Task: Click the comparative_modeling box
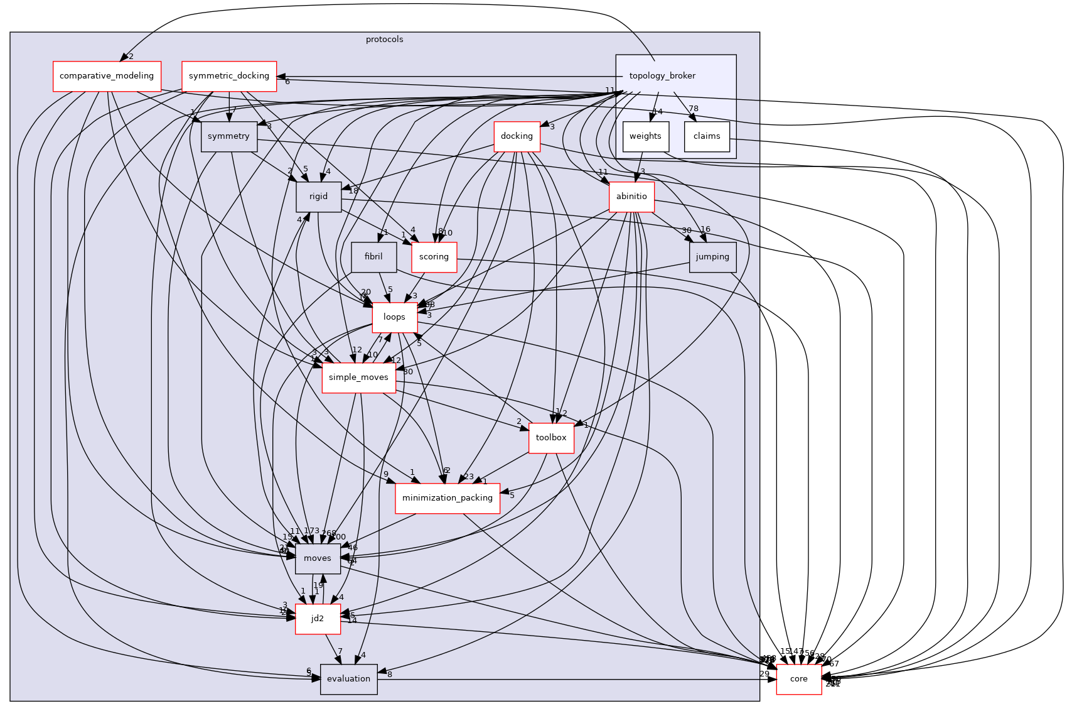[x=107, y=76]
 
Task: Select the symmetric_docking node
[x=229, y=76]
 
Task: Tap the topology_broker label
[x=662, y=76]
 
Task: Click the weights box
[x=645, y=136]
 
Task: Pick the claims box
[x=707, y=136]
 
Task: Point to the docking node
[x=517, y=136]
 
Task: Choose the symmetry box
[x=228, y=136]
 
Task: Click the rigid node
[x=318, y=197]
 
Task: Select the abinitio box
[x=631, y=197]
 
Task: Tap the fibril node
[x=373, y=257]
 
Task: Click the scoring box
[x=434, y=257]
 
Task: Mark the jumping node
[x=712, y=257]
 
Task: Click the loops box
[x=394, y=317]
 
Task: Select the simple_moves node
[x=358, y=377]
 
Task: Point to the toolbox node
[x=551, y=438]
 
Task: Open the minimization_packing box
[x=448, y=498]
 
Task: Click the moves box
[x=318, y=558]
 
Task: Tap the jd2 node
[x=318, y=619]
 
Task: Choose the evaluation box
[x=348, y=679]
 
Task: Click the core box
[x=798, y=679]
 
